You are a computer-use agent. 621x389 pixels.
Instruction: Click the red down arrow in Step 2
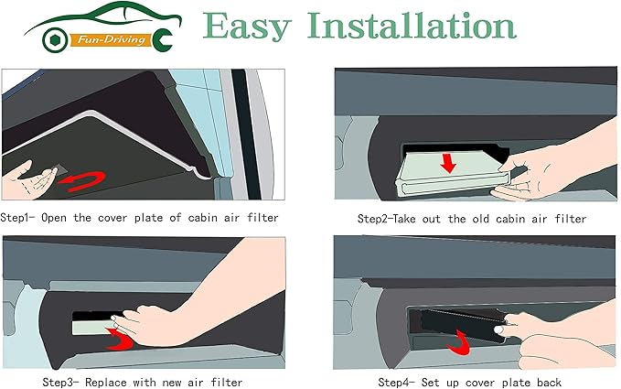pyautogui.click(x=447, y=162)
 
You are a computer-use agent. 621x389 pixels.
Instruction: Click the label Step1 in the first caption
pyautogui.click(x=17, y=219)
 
